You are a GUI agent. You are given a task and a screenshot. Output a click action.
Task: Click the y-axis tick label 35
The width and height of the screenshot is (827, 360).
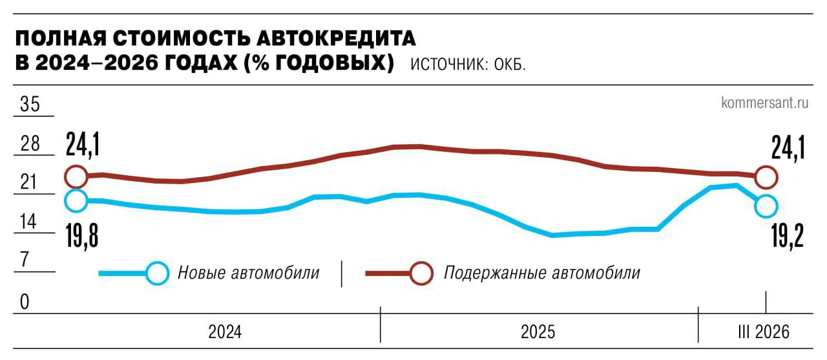pyautogui.click(x=30, y=105)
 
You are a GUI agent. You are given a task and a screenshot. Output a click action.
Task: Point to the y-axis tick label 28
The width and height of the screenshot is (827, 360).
pyautogui.click(x=30, y=144)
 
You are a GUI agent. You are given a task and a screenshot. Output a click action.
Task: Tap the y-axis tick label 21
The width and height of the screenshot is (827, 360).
pyautogui.click(x=30, y=183)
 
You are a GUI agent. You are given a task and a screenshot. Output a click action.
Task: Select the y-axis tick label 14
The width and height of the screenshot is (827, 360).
pyautogui.click(x=30, y=222)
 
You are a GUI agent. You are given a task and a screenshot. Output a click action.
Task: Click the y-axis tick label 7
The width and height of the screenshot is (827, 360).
pyautogui.click(x=25, y=261)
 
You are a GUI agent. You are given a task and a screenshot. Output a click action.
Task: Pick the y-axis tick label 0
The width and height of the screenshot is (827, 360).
pyautogui.click(x=25, y=302)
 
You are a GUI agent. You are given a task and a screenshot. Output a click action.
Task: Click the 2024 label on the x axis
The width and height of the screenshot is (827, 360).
pyautogui.click(x=225, y=332)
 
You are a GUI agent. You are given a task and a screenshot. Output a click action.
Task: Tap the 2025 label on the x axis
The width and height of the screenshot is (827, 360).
pyautogui.click(x=538, y=332)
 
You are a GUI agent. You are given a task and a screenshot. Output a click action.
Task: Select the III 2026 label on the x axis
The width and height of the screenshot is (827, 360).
pyautogui.click(x=764, y=332)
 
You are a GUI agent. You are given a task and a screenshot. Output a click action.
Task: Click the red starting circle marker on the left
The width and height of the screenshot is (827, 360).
pyautogui.click(x=76, y=176)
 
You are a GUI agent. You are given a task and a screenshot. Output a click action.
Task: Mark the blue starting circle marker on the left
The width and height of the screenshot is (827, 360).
pyautogui.click(x=76, y=200)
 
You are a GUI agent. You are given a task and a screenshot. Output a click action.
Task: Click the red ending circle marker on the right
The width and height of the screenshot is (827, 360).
pyautogui.click(x=766, y=176)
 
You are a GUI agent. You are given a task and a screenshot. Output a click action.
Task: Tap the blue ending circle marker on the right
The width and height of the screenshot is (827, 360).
pyautogui.click(x=766, y=206)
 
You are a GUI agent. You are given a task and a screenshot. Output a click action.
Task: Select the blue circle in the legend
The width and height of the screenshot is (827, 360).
pyautogui.click(x=157, y=273)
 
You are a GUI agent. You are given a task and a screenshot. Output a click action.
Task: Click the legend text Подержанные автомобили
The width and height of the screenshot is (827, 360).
pyautogui.click(x=541, y=273)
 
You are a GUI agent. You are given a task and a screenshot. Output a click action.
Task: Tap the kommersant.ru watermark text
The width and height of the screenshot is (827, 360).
pyautogui.click(x=765, y=102)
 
